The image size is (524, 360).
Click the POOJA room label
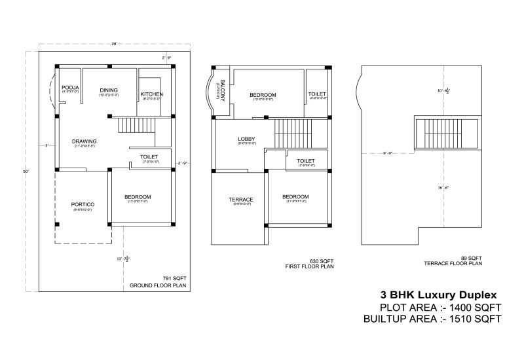(70, 87)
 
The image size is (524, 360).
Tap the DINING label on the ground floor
(109, 90)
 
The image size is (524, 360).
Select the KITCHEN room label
(151, 94)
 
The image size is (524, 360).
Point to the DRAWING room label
(84, 141)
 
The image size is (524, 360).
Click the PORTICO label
(83, 204)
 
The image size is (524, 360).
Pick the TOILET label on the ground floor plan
(149, 157)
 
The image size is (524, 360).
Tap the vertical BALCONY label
(223, 90)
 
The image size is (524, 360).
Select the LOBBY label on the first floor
(246, 139)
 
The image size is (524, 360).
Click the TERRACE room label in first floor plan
(241, 200)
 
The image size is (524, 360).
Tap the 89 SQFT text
(471, 257)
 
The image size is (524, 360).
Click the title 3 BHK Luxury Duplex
(434, 295)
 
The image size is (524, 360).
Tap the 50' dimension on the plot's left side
(26, 171)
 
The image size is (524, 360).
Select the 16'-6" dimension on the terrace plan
(443, 188)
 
